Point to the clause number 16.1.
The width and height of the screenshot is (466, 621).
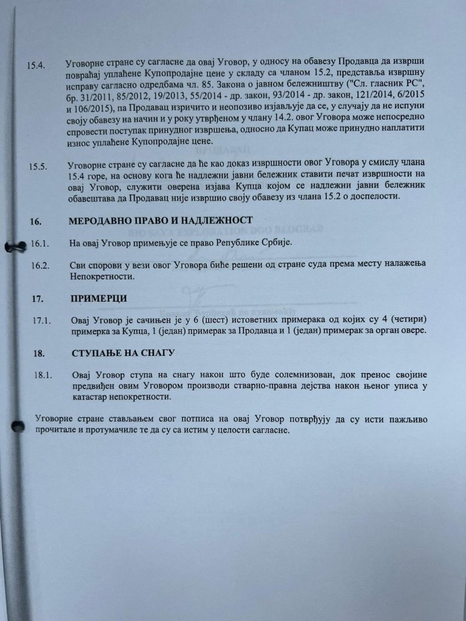(x=39, y=243)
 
